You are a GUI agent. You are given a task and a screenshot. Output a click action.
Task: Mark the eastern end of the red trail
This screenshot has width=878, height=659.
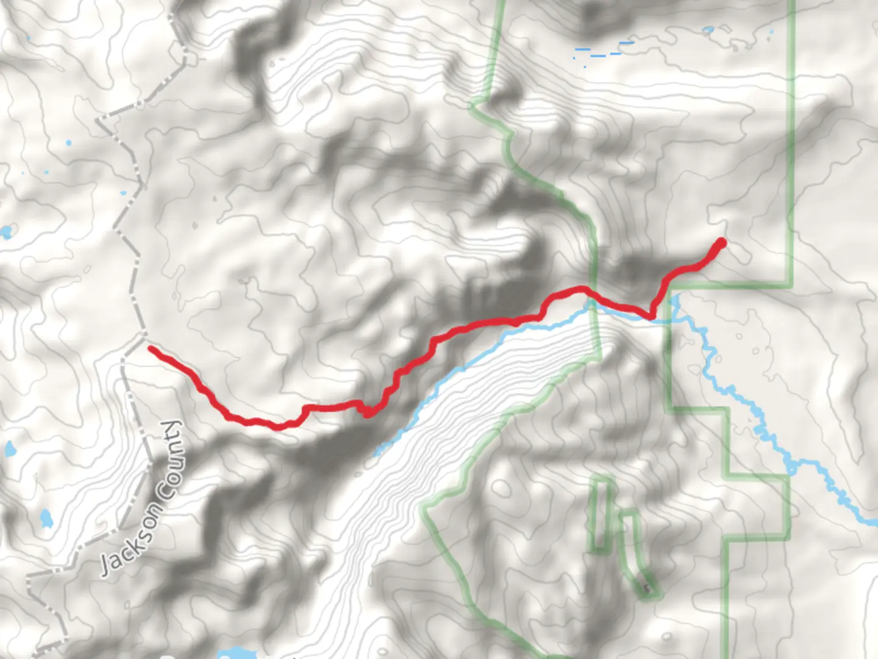click(722, 242)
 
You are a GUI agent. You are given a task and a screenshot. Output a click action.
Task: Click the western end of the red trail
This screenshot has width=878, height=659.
click(151, 348)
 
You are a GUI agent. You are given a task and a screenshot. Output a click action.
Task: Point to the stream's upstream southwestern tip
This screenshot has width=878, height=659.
click(376, 454)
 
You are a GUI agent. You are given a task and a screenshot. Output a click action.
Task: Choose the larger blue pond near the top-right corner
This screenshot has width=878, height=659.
click(708, 29)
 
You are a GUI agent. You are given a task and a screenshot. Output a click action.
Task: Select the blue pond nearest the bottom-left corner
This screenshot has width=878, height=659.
click(45, 519)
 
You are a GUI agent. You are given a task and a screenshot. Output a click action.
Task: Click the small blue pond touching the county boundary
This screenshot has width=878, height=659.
click(124, 193)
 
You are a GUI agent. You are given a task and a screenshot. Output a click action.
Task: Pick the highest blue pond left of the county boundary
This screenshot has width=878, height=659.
click(68, 143)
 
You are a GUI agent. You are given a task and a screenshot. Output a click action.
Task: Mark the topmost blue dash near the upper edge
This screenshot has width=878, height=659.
click(626, 43)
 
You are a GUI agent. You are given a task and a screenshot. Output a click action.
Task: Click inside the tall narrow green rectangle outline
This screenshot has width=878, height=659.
click(601, 516)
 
